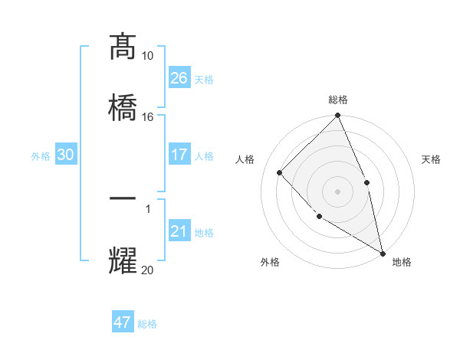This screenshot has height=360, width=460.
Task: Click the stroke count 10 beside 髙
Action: pos(147,56)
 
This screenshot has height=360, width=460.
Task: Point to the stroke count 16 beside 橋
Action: pos(147,116)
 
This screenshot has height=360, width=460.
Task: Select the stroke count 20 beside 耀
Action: pos(147,269)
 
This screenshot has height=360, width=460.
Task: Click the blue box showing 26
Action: pos(179,77)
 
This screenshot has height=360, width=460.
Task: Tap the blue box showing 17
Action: pos(179,155)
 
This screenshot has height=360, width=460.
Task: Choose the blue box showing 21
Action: pos(179,231)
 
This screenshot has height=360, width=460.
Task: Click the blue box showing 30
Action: pos(65,155)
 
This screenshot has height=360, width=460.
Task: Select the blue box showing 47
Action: pos(123,322)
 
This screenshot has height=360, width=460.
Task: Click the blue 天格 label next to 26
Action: pos(204,79)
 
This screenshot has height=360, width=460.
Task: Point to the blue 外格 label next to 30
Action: pos(41,156)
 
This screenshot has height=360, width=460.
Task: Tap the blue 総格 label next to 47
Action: pos(147,324)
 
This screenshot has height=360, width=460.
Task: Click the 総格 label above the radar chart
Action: pos(338,100)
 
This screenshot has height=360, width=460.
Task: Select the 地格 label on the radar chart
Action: pos(402,262)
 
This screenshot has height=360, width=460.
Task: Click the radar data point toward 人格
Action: pos(280,172)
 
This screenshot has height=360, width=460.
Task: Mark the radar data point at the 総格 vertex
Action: pos(338,116)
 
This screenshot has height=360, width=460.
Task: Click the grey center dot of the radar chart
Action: pos(338,191)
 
